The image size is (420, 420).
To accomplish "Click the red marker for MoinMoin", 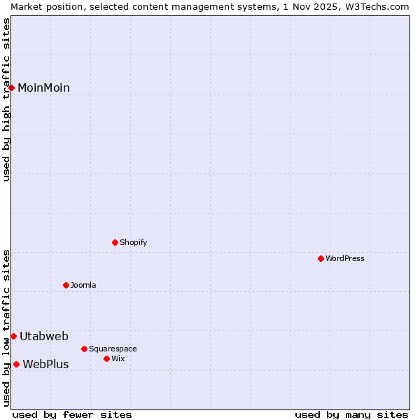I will [12, 87].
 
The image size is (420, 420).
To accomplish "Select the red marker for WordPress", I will [321, 258].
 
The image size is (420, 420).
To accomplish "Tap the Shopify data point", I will [115, 242].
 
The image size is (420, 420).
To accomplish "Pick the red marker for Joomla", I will [66, 285].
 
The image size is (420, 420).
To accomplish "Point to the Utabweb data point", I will [13, 337].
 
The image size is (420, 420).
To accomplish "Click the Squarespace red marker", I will [84, 349].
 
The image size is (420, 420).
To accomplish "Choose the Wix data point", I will [106, 358].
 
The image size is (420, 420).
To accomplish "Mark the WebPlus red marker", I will [16, 364].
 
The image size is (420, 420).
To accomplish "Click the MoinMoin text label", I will [43, 87].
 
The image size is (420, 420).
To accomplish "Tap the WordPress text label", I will [345, 258].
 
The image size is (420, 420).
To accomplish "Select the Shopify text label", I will [134, 242].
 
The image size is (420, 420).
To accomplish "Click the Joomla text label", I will [83, 285].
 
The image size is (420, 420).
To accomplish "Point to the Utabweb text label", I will [43, 337].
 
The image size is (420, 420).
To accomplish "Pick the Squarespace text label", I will [113, 349].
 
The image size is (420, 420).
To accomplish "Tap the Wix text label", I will [118, 358].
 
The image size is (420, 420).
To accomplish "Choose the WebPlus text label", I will [45, 364].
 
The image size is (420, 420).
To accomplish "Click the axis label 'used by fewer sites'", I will [72, 414].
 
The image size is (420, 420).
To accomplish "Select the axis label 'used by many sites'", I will [351, 414].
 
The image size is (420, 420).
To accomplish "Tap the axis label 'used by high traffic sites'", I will [7, 99].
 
